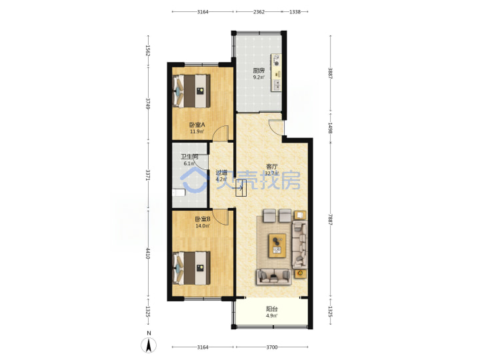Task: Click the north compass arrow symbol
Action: pyautogui.click(x=149, y=345)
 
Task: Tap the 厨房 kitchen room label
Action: pyautogui.click(x=259, y=71)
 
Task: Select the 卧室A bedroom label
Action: pyautogui.click(x=197, y=125)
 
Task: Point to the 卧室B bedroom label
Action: pyautogui.click(x=203, y=219)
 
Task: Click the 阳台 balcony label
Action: pyautogui.click(x=272, y=309)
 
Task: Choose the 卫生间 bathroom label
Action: pyautogui.click(x=189, y=157)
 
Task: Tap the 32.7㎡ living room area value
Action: pyautogui.click(x=272, y=173)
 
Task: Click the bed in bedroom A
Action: pyautogui.click(x=191, y=91)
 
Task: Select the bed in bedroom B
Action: pyautogui.click(x=191, y=268)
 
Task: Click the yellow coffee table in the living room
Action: pyautogui.click(x=277, y=245)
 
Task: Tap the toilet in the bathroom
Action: pyautogui.click(x=179, y=193)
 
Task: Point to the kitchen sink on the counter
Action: pyautogui.click(x=277, y=85)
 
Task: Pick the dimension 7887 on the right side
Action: pyautogui.click(x=330, y=219)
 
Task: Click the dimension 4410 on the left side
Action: pyautogui.click(x=148, y=253)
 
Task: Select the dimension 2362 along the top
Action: pyautogui.click(x=259, y=12)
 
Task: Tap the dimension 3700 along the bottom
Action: pyautogui.click(x=272, y=347)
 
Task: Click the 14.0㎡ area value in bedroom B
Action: pyautogui.click(x=203, y=226)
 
